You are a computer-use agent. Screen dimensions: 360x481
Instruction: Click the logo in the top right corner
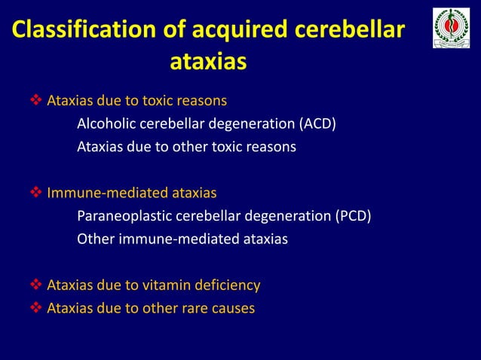pyautogui.click(x=451, y=29)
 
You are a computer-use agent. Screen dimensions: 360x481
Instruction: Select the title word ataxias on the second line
pyautogui.click(x=209, y=62)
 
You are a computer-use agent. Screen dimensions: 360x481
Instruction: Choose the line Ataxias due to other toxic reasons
pyautogui.click(x=186, y=147)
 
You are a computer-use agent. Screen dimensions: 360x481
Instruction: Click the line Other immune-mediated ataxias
pyautogui.click(x=182, y=240)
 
